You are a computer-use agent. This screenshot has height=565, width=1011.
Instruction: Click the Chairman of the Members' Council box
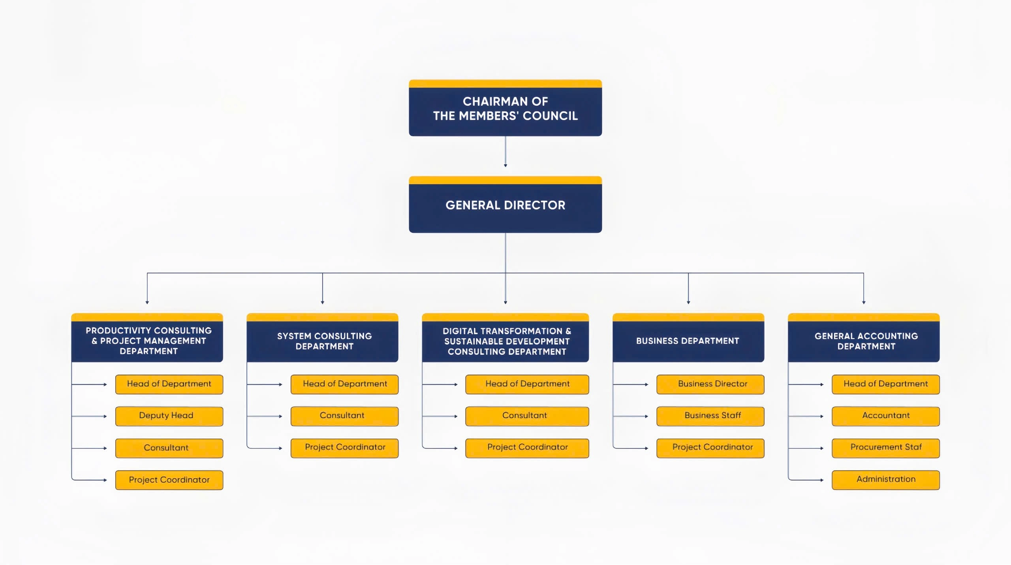point(505,109)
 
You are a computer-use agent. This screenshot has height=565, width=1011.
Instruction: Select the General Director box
point(505,205)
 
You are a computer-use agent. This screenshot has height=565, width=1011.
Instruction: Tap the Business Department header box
point(688,341)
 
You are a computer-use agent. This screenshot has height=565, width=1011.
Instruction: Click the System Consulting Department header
point(322,341)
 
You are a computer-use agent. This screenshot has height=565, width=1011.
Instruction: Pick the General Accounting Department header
point(863,341)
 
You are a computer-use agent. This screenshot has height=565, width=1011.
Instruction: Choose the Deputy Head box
point(169,416)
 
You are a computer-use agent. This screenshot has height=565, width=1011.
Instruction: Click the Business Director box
point(710,384)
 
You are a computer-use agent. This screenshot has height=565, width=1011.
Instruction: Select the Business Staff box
point(710,416)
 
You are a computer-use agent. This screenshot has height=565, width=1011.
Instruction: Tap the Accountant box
point(885,416)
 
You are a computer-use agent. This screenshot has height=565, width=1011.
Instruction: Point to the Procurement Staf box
point(885,448)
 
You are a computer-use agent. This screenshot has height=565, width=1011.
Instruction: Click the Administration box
point(885,480)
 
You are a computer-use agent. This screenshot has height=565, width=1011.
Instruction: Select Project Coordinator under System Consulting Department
point(344,448)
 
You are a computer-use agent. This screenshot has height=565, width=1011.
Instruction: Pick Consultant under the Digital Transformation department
point(527,416)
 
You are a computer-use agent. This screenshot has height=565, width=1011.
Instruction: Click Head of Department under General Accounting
point(885,384)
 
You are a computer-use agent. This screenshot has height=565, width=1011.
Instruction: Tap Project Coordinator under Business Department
point(710,448)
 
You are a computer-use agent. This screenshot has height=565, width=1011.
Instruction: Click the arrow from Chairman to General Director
point(505,152)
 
